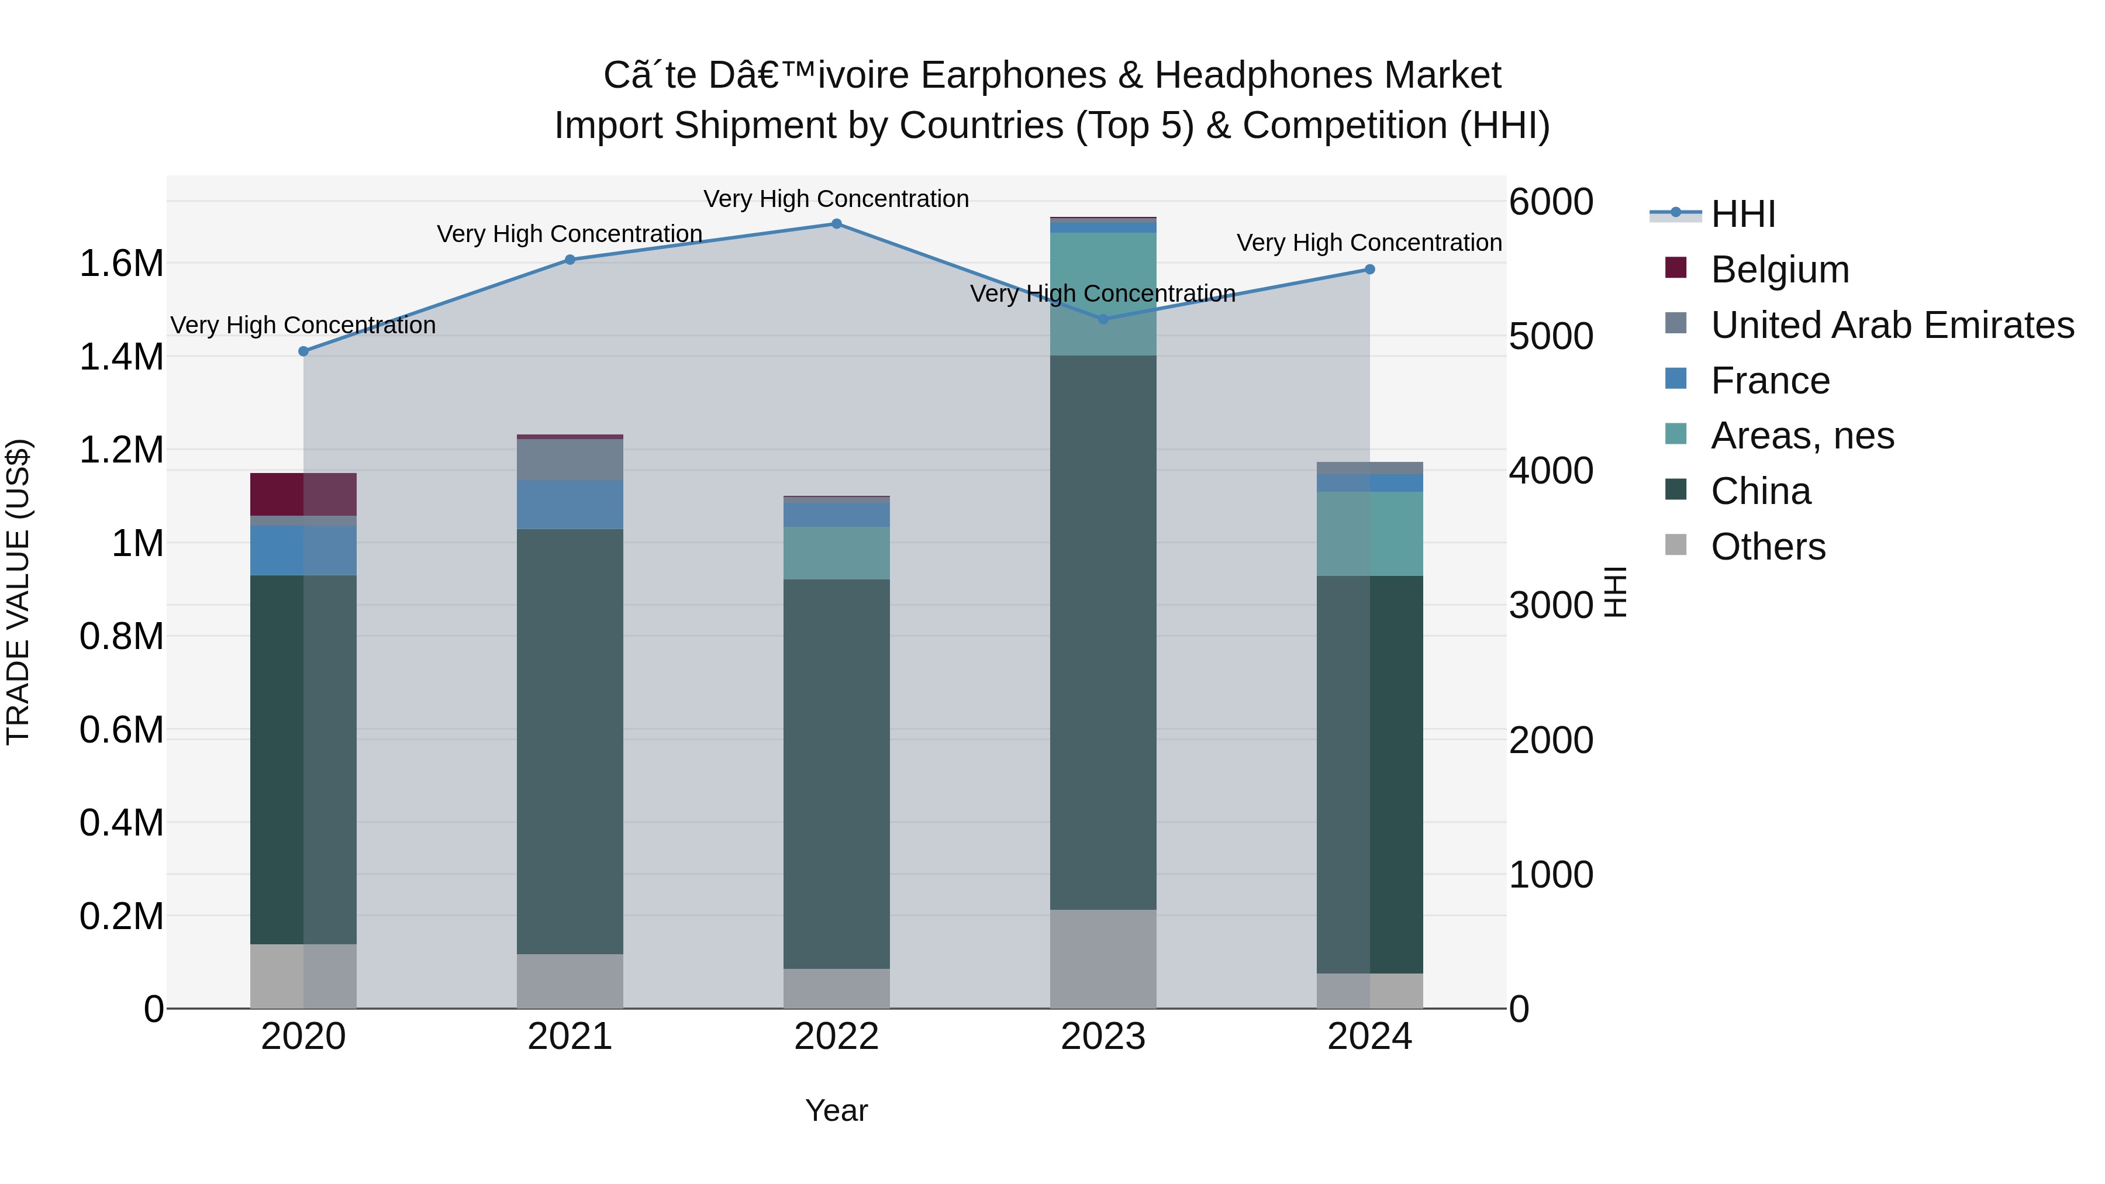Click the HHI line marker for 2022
click(x=836, y=224)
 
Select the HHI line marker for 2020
click(x=303, y=351)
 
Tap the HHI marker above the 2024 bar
click(x=1369, y=270)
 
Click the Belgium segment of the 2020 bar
click(x=303, y=494)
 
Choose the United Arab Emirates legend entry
click(x=1892, y=325)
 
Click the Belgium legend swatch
click(x=1675, y=268)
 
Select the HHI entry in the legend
click(x=1743, y=214)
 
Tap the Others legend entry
click(x=1768, y=547)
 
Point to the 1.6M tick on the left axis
click(x=121, y=264)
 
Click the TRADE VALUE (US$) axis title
click(x=18, y=592)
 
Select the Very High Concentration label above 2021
click(x=570, y=234)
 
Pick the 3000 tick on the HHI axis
click(x=1550, y=606)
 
